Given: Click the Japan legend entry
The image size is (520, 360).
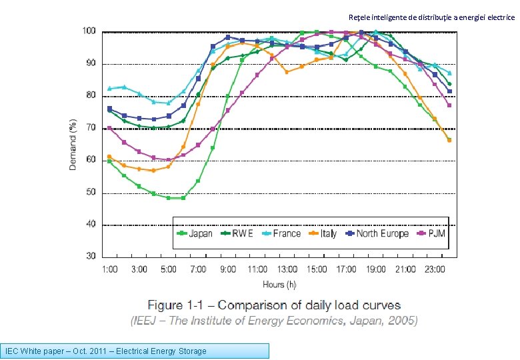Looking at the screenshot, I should pyautogui.click(x=195, y=233).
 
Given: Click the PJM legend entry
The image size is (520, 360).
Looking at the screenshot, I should pyautogui.click(x=431, y=233).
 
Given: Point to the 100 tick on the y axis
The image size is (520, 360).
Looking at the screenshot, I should pyautogui.click(x=88, y=31).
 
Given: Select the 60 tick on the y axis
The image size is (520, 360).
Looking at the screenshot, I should pyautogui.click(x=90, y=160).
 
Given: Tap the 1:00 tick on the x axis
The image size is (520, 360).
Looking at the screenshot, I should pyautogui.click(x=110, y=269).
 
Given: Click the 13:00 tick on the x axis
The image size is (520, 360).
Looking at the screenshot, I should pyautogui.click(x=287, y=269).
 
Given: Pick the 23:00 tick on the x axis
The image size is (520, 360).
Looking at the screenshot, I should pyautogui.click(x=435, y=269).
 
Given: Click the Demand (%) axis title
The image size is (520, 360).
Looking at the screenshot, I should pyautogui.click(x=73, y=144).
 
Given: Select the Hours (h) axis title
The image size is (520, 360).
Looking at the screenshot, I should pyautogui.click(x=279, y=285).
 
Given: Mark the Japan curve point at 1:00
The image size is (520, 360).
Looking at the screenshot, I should pyautogui.click(x=110, y=161).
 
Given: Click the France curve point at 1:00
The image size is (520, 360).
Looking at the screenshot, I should pyautogui.click(x=110, y=89).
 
